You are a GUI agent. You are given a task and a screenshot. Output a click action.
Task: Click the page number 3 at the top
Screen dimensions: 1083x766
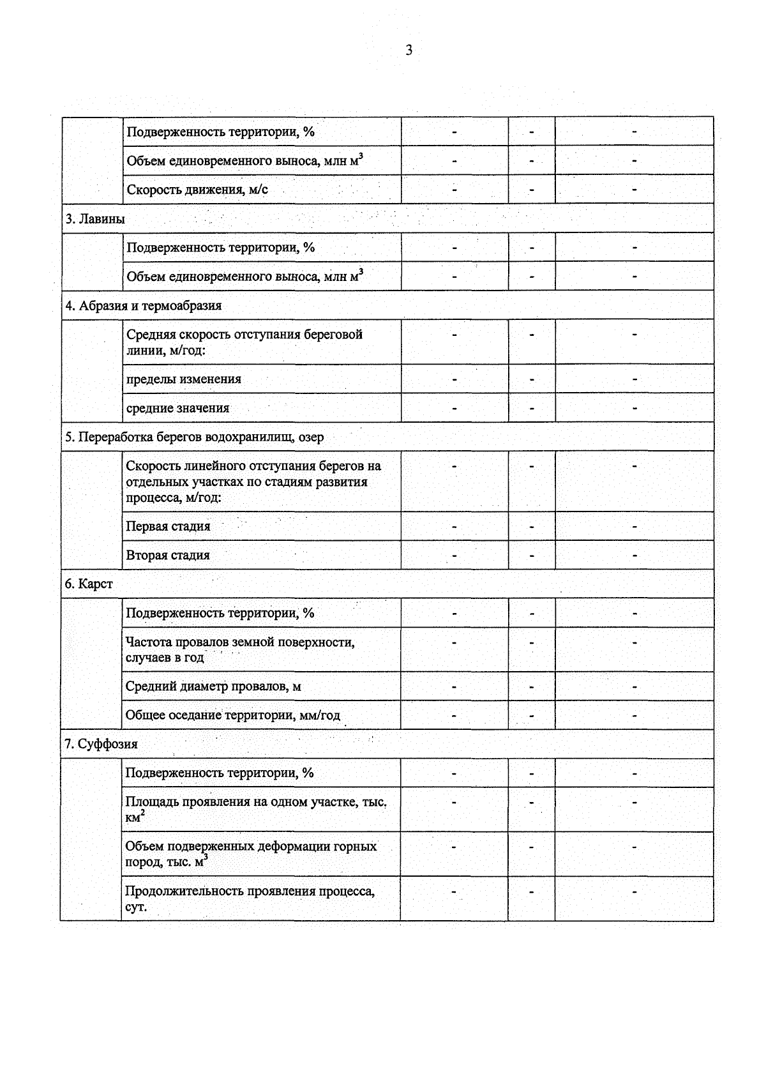[409, 50]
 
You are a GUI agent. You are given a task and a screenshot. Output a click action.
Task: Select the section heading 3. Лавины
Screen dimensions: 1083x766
[95, 219]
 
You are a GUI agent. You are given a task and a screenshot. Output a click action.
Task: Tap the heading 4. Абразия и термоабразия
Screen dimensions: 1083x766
[144, 306]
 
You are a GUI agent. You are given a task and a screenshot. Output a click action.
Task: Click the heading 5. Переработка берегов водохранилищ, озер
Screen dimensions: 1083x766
[194, 437]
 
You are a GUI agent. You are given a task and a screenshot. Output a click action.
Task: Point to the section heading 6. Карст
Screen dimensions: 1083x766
[89, 584]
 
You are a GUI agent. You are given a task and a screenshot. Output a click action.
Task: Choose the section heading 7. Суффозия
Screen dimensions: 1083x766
[101, 745]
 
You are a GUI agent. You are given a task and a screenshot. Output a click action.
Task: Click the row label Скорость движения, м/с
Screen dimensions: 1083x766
[197, 190]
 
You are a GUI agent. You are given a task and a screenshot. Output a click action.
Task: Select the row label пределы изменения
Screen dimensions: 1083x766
[184, 379]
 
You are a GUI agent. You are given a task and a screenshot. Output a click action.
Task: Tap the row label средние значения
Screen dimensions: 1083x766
[177, 408]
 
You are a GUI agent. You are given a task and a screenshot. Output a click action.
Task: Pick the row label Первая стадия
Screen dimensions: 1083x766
[168, 527]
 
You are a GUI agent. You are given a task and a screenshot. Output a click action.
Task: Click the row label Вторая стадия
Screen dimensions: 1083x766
[168, 556]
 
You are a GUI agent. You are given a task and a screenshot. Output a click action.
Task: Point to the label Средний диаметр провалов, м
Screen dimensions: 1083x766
[213, 686]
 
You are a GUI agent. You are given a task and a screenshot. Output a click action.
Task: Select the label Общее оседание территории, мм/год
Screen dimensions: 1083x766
[232, 715]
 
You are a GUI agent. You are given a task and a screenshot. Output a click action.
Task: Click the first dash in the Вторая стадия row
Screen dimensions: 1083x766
[454, 556]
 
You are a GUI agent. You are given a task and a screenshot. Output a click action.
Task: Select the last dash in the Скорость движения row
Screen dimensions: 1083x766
[635, 190]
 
